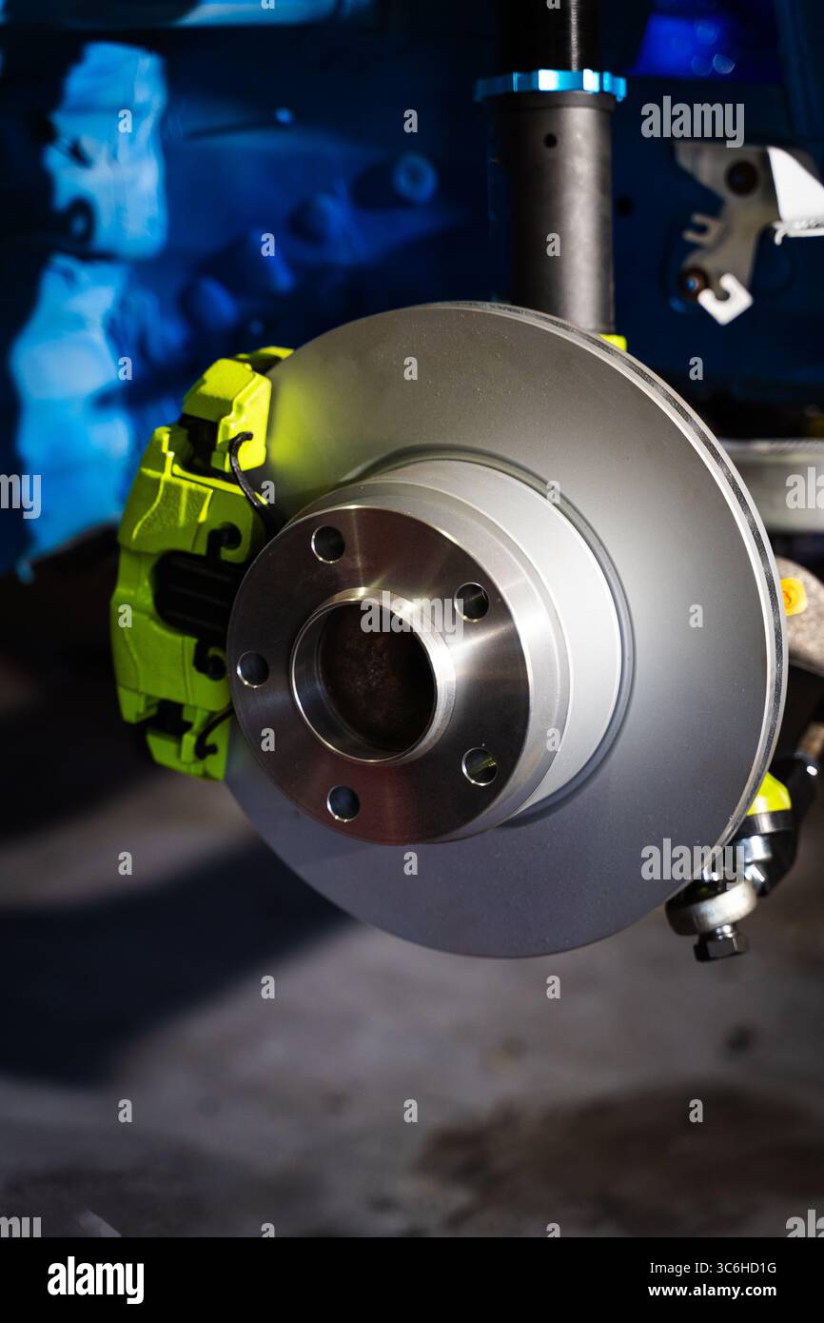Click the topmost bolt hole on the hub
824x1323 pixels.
(x=328, y=543)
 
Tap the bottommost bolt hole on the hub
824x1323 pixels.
(x=343, y=802)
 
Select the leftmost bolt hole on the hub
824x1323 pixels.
(x=252, y=669)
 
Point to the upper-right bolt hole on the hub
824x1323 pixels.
(x=471, y=601)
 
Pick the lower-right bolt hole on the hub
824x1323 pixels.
(x=480, y=766)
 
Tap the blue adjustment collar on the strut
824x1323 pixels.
(x=551, y=84)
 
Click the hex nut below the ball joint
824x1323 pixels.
(x=720, y=942)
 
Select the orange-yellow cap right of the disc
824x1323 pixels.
(x=793, y=597)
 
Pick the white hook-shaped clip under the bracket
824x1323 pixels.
(x=725, y=301)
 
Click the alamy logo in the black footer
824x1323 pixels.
(x=95, y=1280)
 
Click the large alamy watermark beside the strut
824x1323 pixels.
(x=692, y=121)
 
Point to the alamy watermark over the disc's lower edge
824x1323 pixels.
(x=692, y=861)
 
